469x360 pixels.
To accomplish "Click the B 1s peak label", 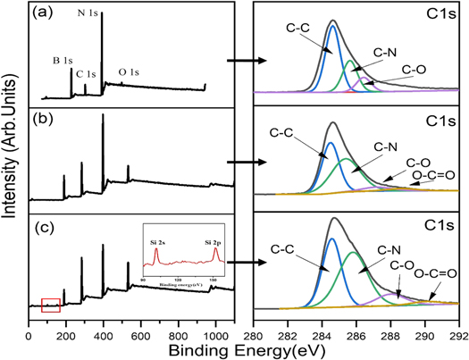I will point(63,62).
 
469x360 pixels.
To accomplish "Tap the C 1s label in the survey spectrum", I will point(87,73).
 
